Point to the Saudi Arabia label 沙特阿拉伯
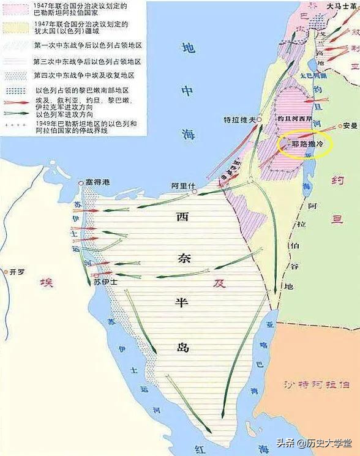point(318,384)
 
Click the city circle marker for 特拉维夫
point(260,119)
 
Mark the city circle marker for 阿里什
point(195,192)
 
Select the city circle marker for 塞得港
point(81,182)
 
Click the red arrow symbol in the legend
point(17,101)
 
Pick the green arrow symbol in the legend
point(17,112)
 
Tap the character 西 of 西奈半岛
point(182,217)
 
